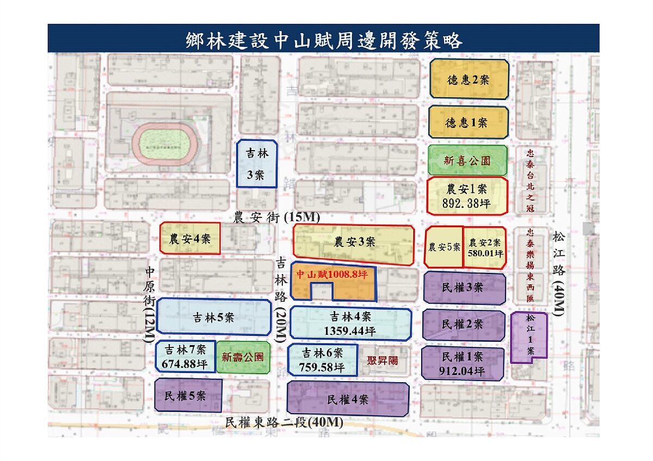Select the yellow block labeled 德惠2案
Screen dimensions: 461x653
pyautogui.click(x=469, y=79)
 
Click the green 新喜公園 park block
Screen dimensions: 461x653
pyautogui.click(x=467, y=160)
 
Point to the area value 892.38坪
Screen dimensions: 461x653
pyautogui.click(x=467, y=202)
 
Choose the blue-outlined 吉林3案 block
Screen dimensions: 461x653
pyautogui.click(x=257, y=164)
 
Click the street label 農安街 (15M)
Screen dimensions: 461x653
pyautogui.click(x=276, y=217)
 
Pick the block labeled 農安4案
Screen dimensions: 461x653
pyautogui.click(x=190, y=238)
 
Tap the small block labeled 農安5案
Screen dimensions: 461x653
pyautogui.click(x=444, y=247)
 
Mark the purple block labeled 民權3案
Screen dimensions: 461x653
pyautogui.click(x=464, y=288)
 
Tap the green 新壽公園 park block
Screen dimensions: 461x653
pyautogui.click(x=243, y=357)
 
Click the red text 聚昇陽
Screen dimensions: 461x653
pyautogui.click(x=383, y=359)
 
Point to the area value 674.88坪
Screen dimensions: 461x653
pyautogui.click(x=185, y=364)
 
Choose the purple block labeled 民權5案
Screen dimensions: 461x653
pyautogui.click(x=188, y=395)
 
